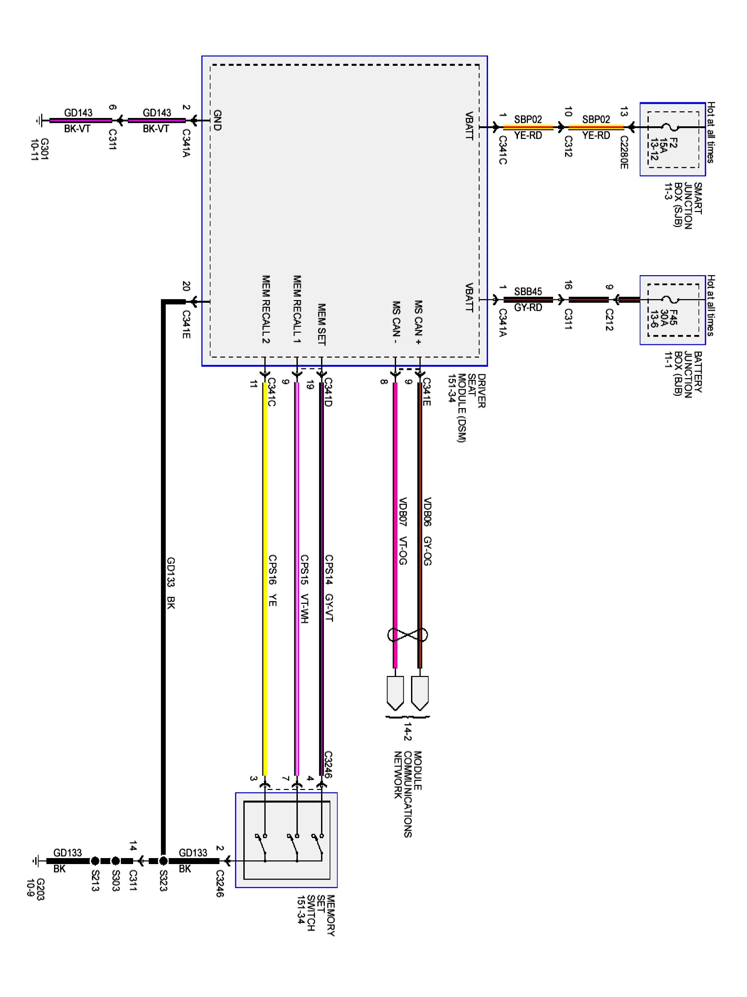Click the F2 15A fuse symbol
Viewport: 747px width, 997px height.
(672, 128)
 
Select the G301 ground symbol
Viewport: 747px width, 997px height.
(39, 120)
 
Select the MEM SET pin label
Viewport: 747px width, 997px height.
(321, 324)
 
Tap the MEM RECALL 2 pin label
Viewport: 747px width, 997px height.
(266, 309)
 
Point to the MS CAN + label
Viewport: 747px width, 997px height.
(418, 322)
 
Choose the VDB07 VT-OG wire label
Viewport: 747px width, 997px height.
(402, 531)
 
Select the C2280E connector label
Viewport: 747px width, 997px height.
(623, 152)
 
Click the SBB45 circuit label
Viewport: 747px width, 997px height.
(528, 291)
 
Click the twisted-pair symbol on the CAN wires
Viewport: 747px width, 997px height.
(407, 635)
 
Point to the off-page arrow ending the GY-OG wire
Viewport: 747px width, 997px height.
(420, 693)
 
